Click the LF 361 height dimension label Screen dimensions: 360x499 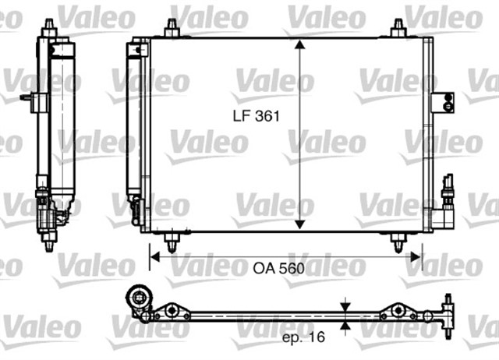click(x=254, y=114)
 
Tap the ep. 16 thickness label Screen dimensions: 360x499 click(x=303, y=338)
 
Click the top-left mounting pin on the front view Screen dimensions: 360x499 click(x=172, y=27)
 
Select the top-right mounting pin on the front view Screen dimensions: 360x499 click(x=398, y=27)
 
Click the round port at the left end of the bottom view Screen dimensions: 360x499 click(x=140, y=298)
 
